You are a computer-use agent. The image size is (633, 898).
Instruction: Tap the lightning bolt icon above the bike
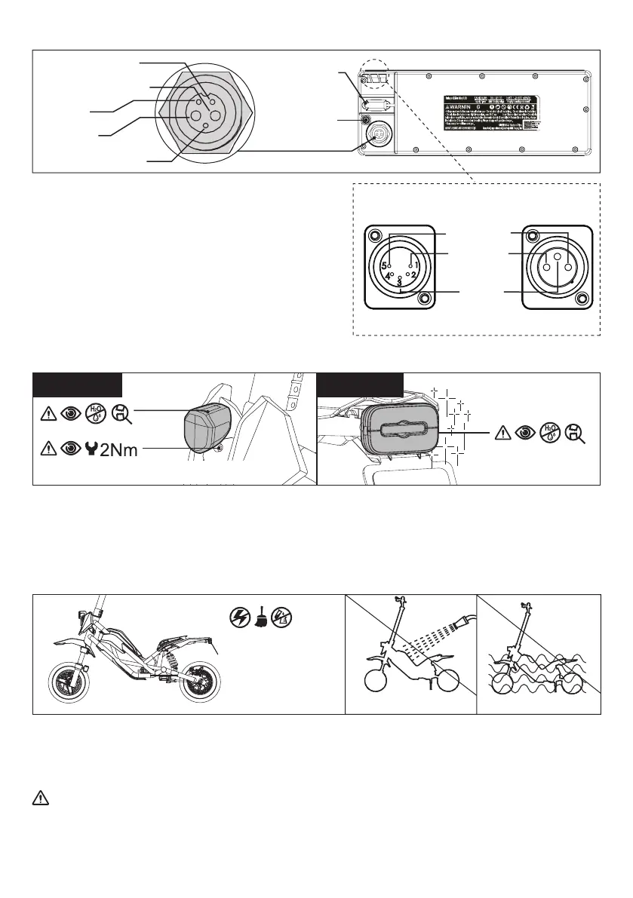[x=238, y=617]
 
